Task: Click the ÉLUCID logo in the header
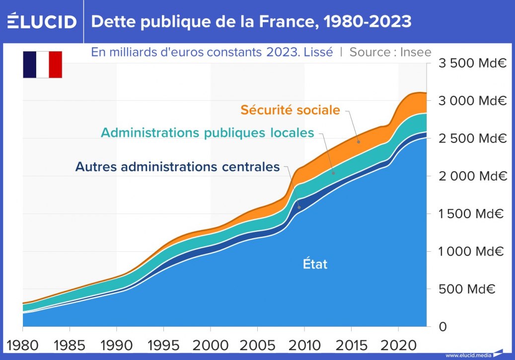click(42, 21)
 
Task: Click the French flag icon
click(42, 65)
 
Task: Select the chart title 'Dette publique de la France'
click(251, 21)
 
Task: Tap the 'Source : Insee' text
click(390, 52)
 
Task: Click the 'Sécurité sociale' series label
click(291, 110)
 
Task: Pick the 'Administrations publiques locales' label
click(208, 133)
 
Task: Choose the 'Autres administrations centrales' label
click(177, 167)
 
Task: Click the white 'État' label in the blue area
click(315, 264)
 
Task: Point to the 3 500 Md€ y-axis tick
click(470, 63)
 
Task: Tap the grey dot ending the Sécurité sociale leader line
click(358, 142)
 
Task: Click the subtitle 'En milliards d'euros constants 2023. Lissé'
click(212, 52)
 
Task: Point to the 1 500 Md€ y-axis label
click(470, 214)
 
